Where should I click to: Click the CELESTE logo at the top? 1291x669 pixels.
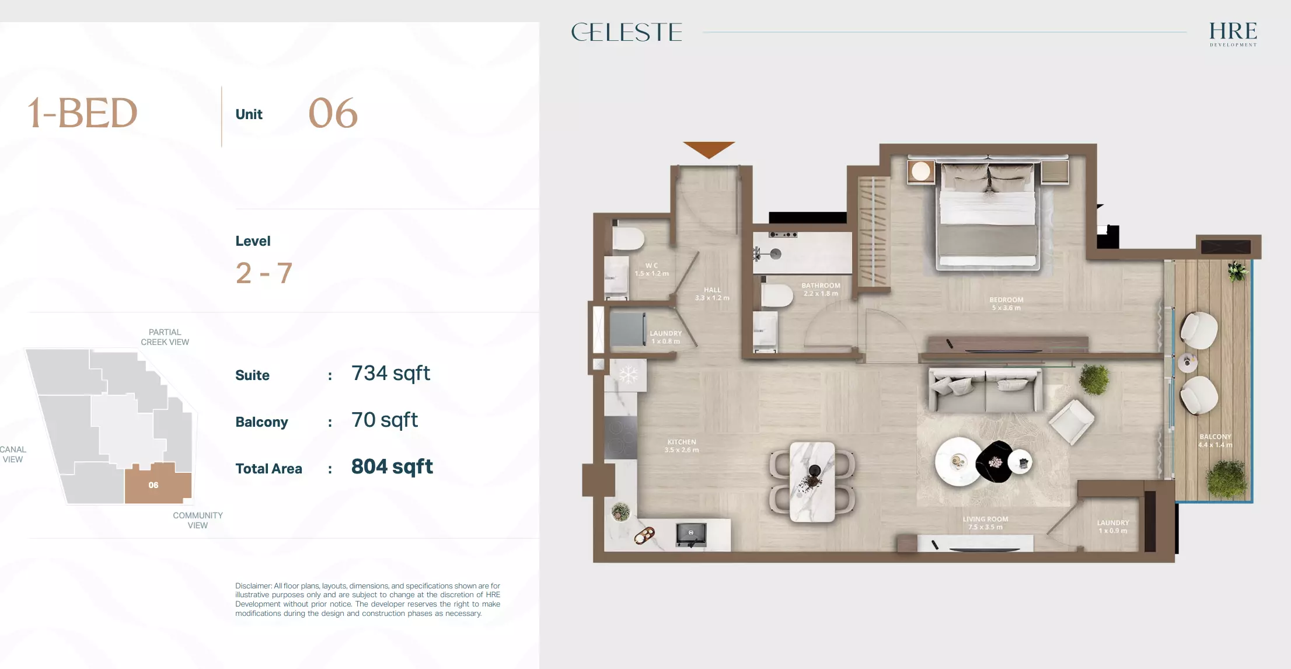pos(626,32)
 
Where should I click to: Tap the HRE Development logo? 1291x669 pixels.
pos(1233,34)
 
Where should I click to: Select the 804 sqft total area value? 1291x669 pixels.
pos(392,467)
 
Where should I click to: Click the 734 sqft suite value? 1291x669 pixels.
pos(390,374)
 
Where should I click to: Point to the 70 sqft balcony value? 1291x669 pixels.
pos(384,420)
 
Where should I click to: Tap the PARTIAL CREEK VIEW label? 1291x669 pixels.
pos(165,337)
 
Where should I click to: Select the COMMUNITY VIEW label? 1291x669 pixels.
pos(198,520)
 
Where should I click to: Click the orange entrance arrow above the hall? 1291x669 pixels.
pos(709,149)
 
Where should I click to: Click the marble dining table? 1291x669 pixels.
pos(812,482)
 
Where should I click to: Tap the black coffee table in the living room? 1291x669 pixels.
pos(996,462)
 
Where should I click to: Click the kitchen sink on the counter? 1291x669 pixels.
pos(691,534)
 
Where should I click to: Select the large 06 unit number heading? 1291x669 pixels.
pos(333,113)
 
